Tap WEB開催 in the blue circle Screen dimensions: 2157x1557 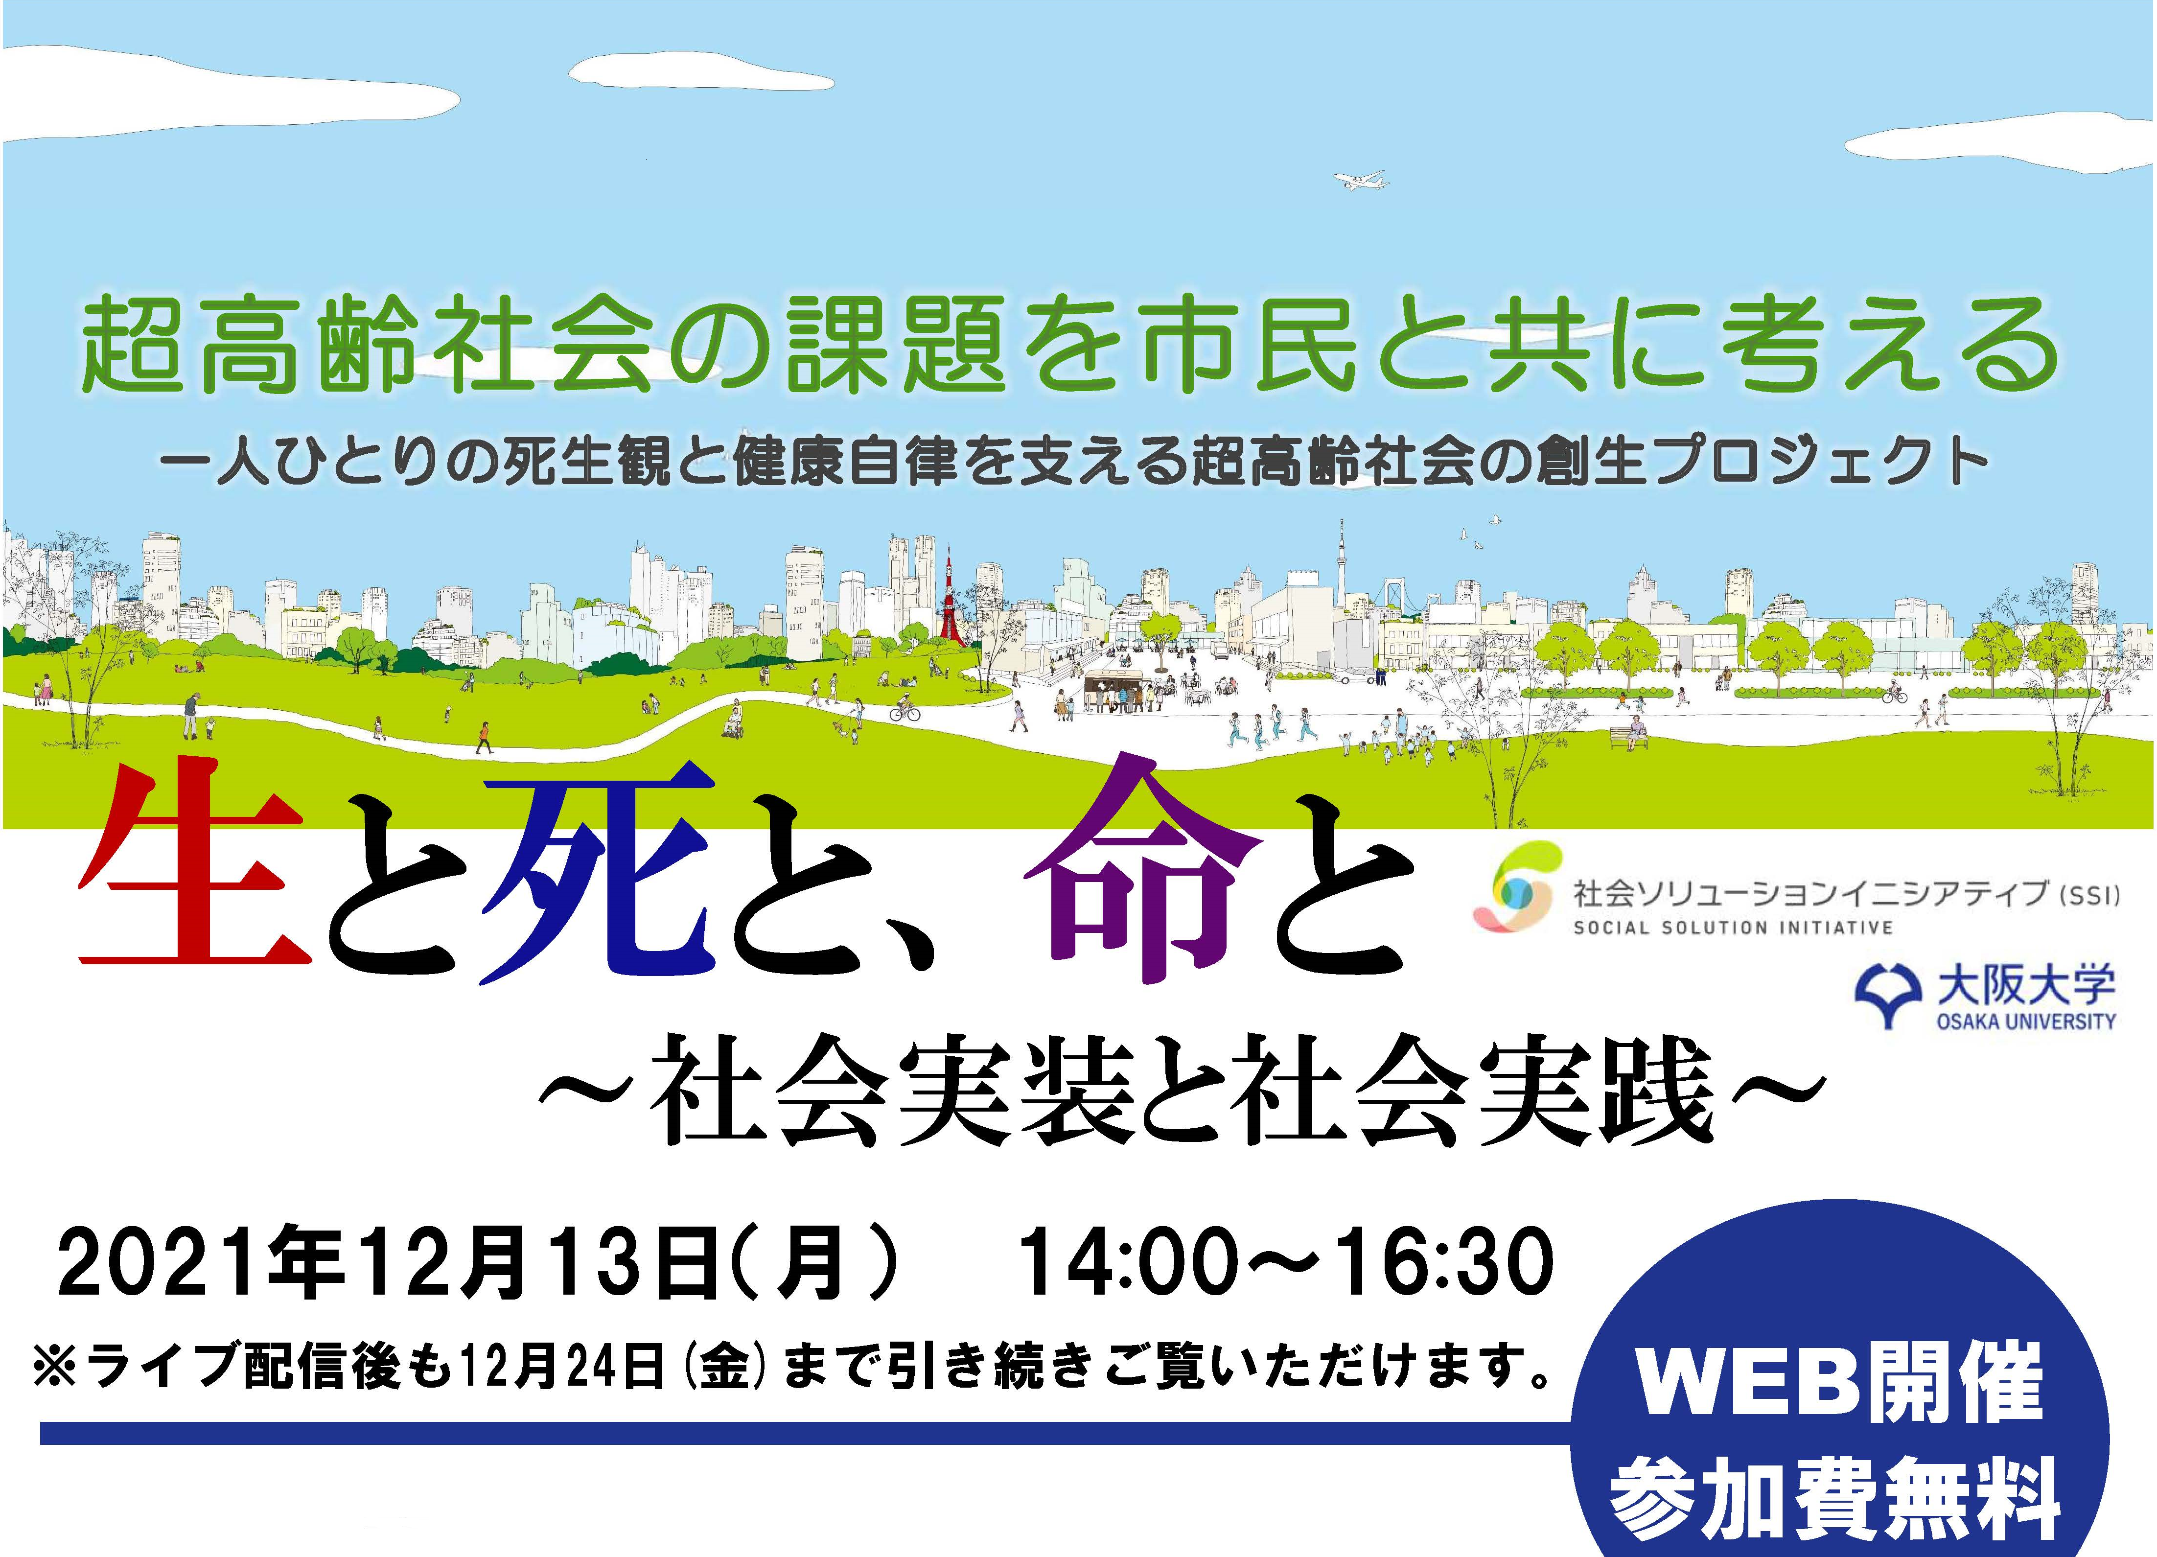click(1840, 1382)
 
